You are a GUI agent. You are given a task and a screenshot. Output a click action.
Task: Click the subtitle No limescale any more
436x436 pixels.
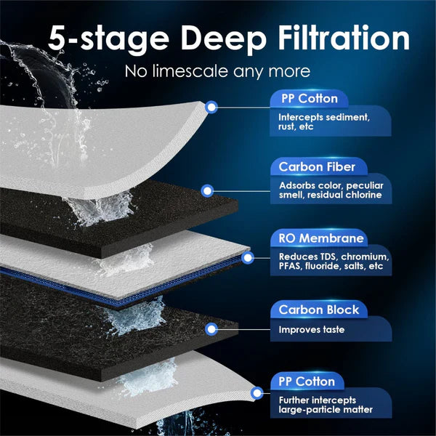click(x=217, y=72)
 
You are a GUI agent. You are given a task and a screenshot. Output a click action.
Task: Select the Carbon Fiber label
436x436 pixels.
click(x=316, y=167)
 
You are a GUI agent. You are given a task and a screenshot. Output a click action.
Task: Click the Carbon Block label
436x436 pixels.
click(x=317, y=310)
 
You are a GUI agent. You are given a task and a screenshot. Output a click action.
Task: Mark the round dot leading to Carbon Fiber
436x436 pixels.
click(x=207, y=191)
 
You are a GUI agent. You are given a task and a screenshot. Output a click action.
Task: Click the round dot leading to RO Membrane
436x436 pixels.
click(x=247, y=257)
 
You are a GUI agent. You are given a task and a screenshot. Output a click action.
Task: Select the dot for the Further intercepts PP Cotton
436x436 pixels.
click(x=257, y=393)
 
